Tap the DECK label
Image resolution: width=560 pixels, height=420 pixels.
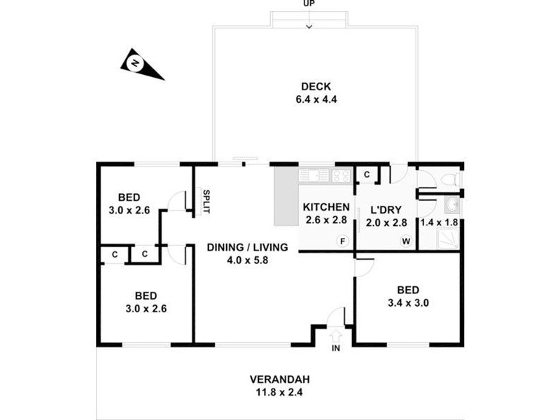pyautogui.click(x=316, y=86)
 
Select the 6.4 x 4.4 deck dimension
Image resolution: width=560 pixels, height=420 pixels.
pyautogui.click(x=316, y=99)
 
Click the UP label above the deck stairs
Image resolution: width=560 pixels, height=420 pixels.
pyautogui.click(x=309, y=3)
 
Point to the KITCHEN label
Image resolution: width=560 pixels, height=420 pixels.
pyautogui.click(x=326, y=207)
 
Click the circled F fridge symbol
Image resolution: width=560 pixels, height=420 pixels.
pyautogui.click(x=342, y=241)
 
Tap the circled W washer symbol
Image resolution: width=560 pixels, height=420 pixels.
pyautogui.click(x=406, y=241)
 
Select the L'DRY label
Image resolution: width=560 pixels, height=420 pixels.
pyautogui.click(x=386, y=209)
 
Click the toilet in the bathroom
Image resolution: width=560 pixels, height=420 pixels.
pyautogui.click(x=451, y=179)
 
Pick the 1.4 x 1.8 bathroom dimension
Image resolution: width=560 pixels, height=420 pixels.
pyautogui.click(x=439, y=223)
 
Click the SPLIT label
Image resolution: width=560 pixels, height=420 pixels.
pyautogui.click(x=206, y=202)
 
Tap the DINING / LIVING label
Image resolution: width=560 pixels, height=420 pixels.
pyautogui.click(x=248, y=247)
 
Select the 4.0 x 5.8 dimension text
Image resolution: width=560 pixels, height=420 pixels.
pyautogui.click(x=248, y=260)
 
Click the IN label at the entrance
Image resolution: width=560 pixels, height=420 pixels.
pyautogui.click(x=336, y=348)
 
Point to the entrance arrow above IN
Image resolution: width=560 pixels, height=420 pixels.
pyautogui.click(x=336, y=335)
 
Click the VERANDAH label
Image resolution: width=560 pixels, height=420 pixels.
pyautogui.click(x=279, y=379)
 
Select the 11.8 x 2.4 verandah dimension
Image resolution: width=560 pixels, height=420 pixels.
pyautogui.click(x=279, y=392)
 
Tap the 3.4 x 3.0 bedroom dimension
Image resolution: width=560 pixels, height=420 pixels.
pyautogui.click(x=408, y=303)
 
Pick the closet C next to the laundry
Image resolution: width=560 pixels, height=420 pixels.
pyautogui.click(x=367, y=174)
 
